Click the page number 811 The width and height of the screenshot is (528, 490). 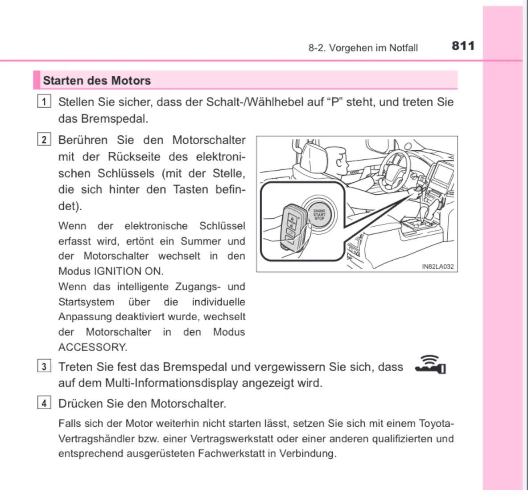pos(463,46)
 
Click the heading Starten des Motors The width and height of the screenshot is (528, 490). pos(97,81)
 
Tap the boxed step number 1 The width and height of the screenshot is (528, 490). pos(44,102)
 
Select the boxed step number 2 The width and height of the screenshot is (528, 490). pos(44,140)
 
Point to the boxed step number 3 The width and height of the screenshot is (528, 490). pos(44,367)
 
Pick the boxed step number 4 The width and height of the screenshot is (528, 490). pos(44,404)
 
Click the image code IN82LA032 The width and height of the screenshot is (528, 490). pos(437,266)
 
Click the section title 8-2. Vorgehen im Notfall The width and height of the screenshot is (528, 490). pos(363,48)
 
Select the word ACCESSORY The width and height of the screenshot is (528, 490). pos(92,347)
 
